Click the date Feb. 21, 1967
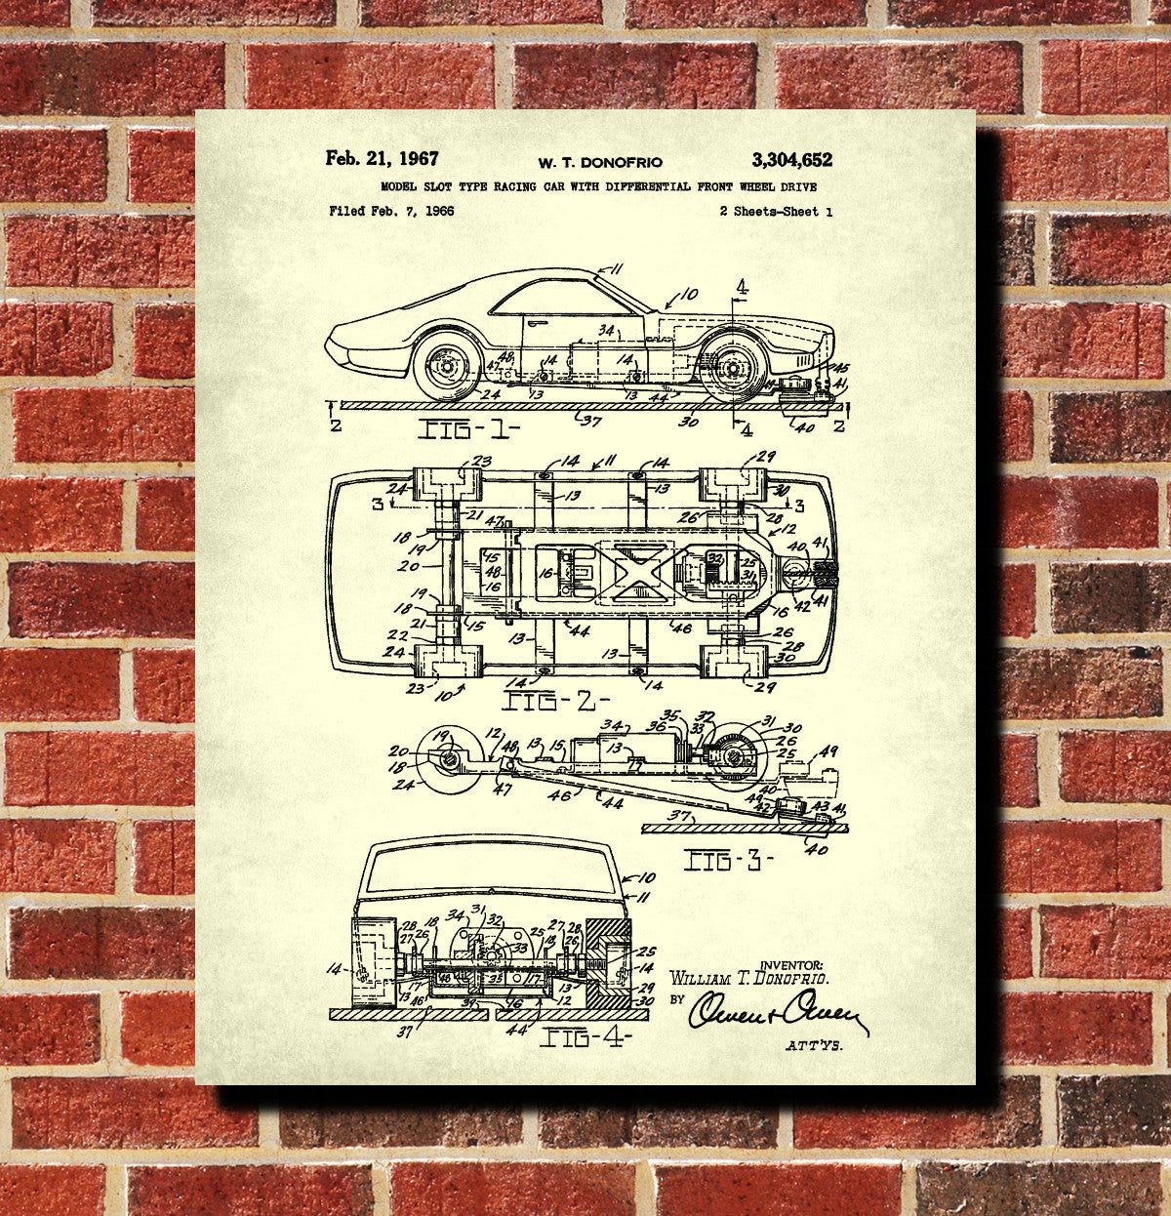tap(383, 159)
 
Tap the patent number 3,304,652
tap(791, 160)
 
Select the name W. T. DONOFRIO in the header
tap(599, 162)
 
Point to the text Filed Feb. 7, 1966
tap(391, 211)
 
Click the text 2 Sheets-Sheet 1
tap(775, 211)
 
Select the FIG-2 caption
tap(555, 701)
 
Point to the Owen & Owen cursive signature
tap(777, 1012)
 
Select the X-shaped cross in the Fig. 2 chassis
tap(638, 569)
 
